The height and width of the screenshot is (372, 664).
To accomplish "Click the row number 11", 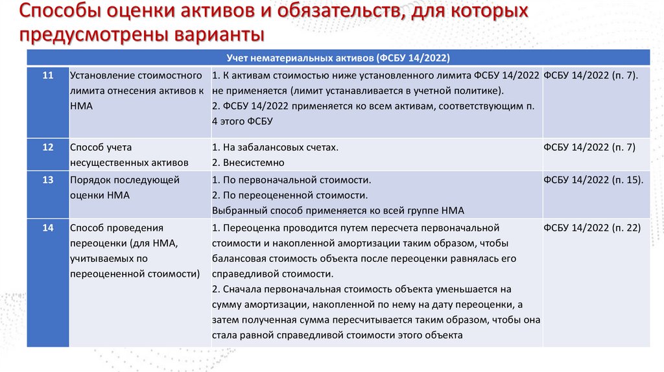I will [x=47, y=76].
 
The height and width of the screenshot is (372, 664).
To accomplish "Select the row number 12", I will [x=47, y=148].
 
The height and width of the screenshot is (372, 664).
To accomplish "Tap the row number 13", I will [x=47, y=180].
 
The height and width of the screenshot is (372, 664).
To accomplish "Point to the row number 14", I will [x=47, y=228].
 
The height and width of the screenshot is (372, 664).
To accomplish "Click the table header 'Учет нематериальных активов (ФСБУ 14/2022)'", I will [x=337, y=57].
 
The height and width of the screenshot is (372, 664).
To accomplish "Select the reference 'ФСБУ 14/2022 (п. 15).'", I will [x=593, y=180].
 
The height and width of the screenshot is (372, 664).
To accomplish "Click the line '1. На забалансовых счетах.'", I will [x=275, y=148].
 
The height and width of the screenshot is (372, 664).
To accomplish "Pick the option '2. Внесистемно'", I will [x=248, y=163].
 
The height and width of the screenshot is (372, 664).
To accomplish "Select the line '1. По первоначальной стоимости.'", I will [x=291, y=180].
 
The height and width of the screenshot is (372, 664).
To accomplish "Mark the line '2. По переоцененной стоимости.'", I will [x=290, y=195].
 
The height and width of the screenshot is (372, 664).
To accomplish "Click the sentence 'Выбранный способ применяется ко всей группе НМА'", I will [x=338, y=211].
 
